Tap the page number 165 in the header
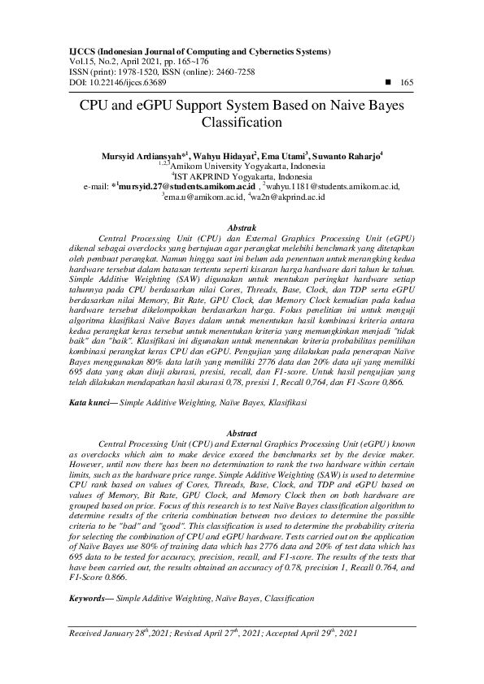coord(408,82)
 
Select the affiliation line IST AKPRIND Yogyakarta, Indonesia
coord(242,175)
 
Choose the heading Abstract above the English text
coord(242,435)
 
